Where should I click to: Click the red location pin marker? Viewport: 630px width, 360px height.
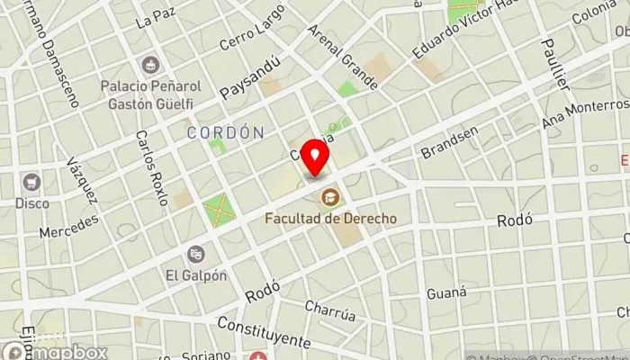tap(316, 158)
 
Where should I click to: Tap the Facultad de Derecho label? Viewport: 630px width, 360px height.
tap(331, 218)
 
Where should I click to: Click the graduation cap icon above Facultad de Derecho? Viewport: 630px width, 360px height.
tap(331, 196)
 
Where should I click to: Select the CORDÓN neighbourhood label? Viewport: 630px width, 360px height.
tap(226, 132)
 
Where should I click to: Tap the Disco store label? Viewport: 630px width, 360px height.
tap(32, 202)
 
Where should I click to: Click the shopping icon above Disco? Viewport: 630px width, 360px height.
tap(32, 182)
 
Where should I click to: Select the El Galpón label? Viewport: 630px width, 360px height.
tap(196, 275)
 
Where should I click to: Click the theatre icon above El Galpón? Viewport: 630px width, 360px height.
tap(196, 255)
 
